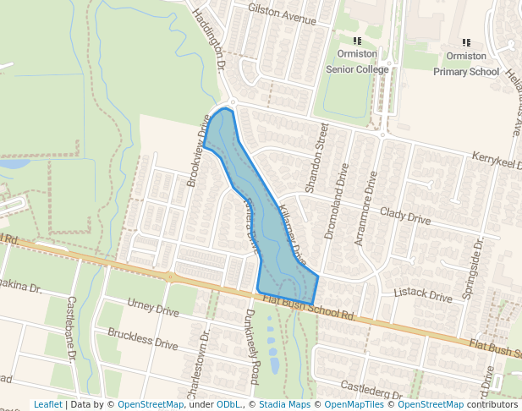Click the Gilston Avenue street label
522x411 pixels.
(x=282, y=13)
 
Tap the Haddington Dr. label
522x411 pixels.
(x=210, y=41)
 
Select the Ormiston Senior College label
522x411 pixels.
(x=357, y=62)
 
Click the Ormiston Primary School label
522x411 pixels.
(x=466, y=63)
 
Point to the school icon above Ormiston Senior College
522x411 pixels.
(x=357, y=40)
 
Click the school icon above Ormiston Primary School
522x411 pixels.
(x=466, y=41)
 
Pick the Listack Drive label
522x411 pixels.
(x=423, y=295)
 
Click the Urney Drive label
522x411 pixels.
(x=153, y=307)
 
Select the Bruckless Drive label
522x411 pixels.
(x=143, y=338)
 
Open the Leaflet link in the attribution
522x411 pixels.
(x=47, y=404)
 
